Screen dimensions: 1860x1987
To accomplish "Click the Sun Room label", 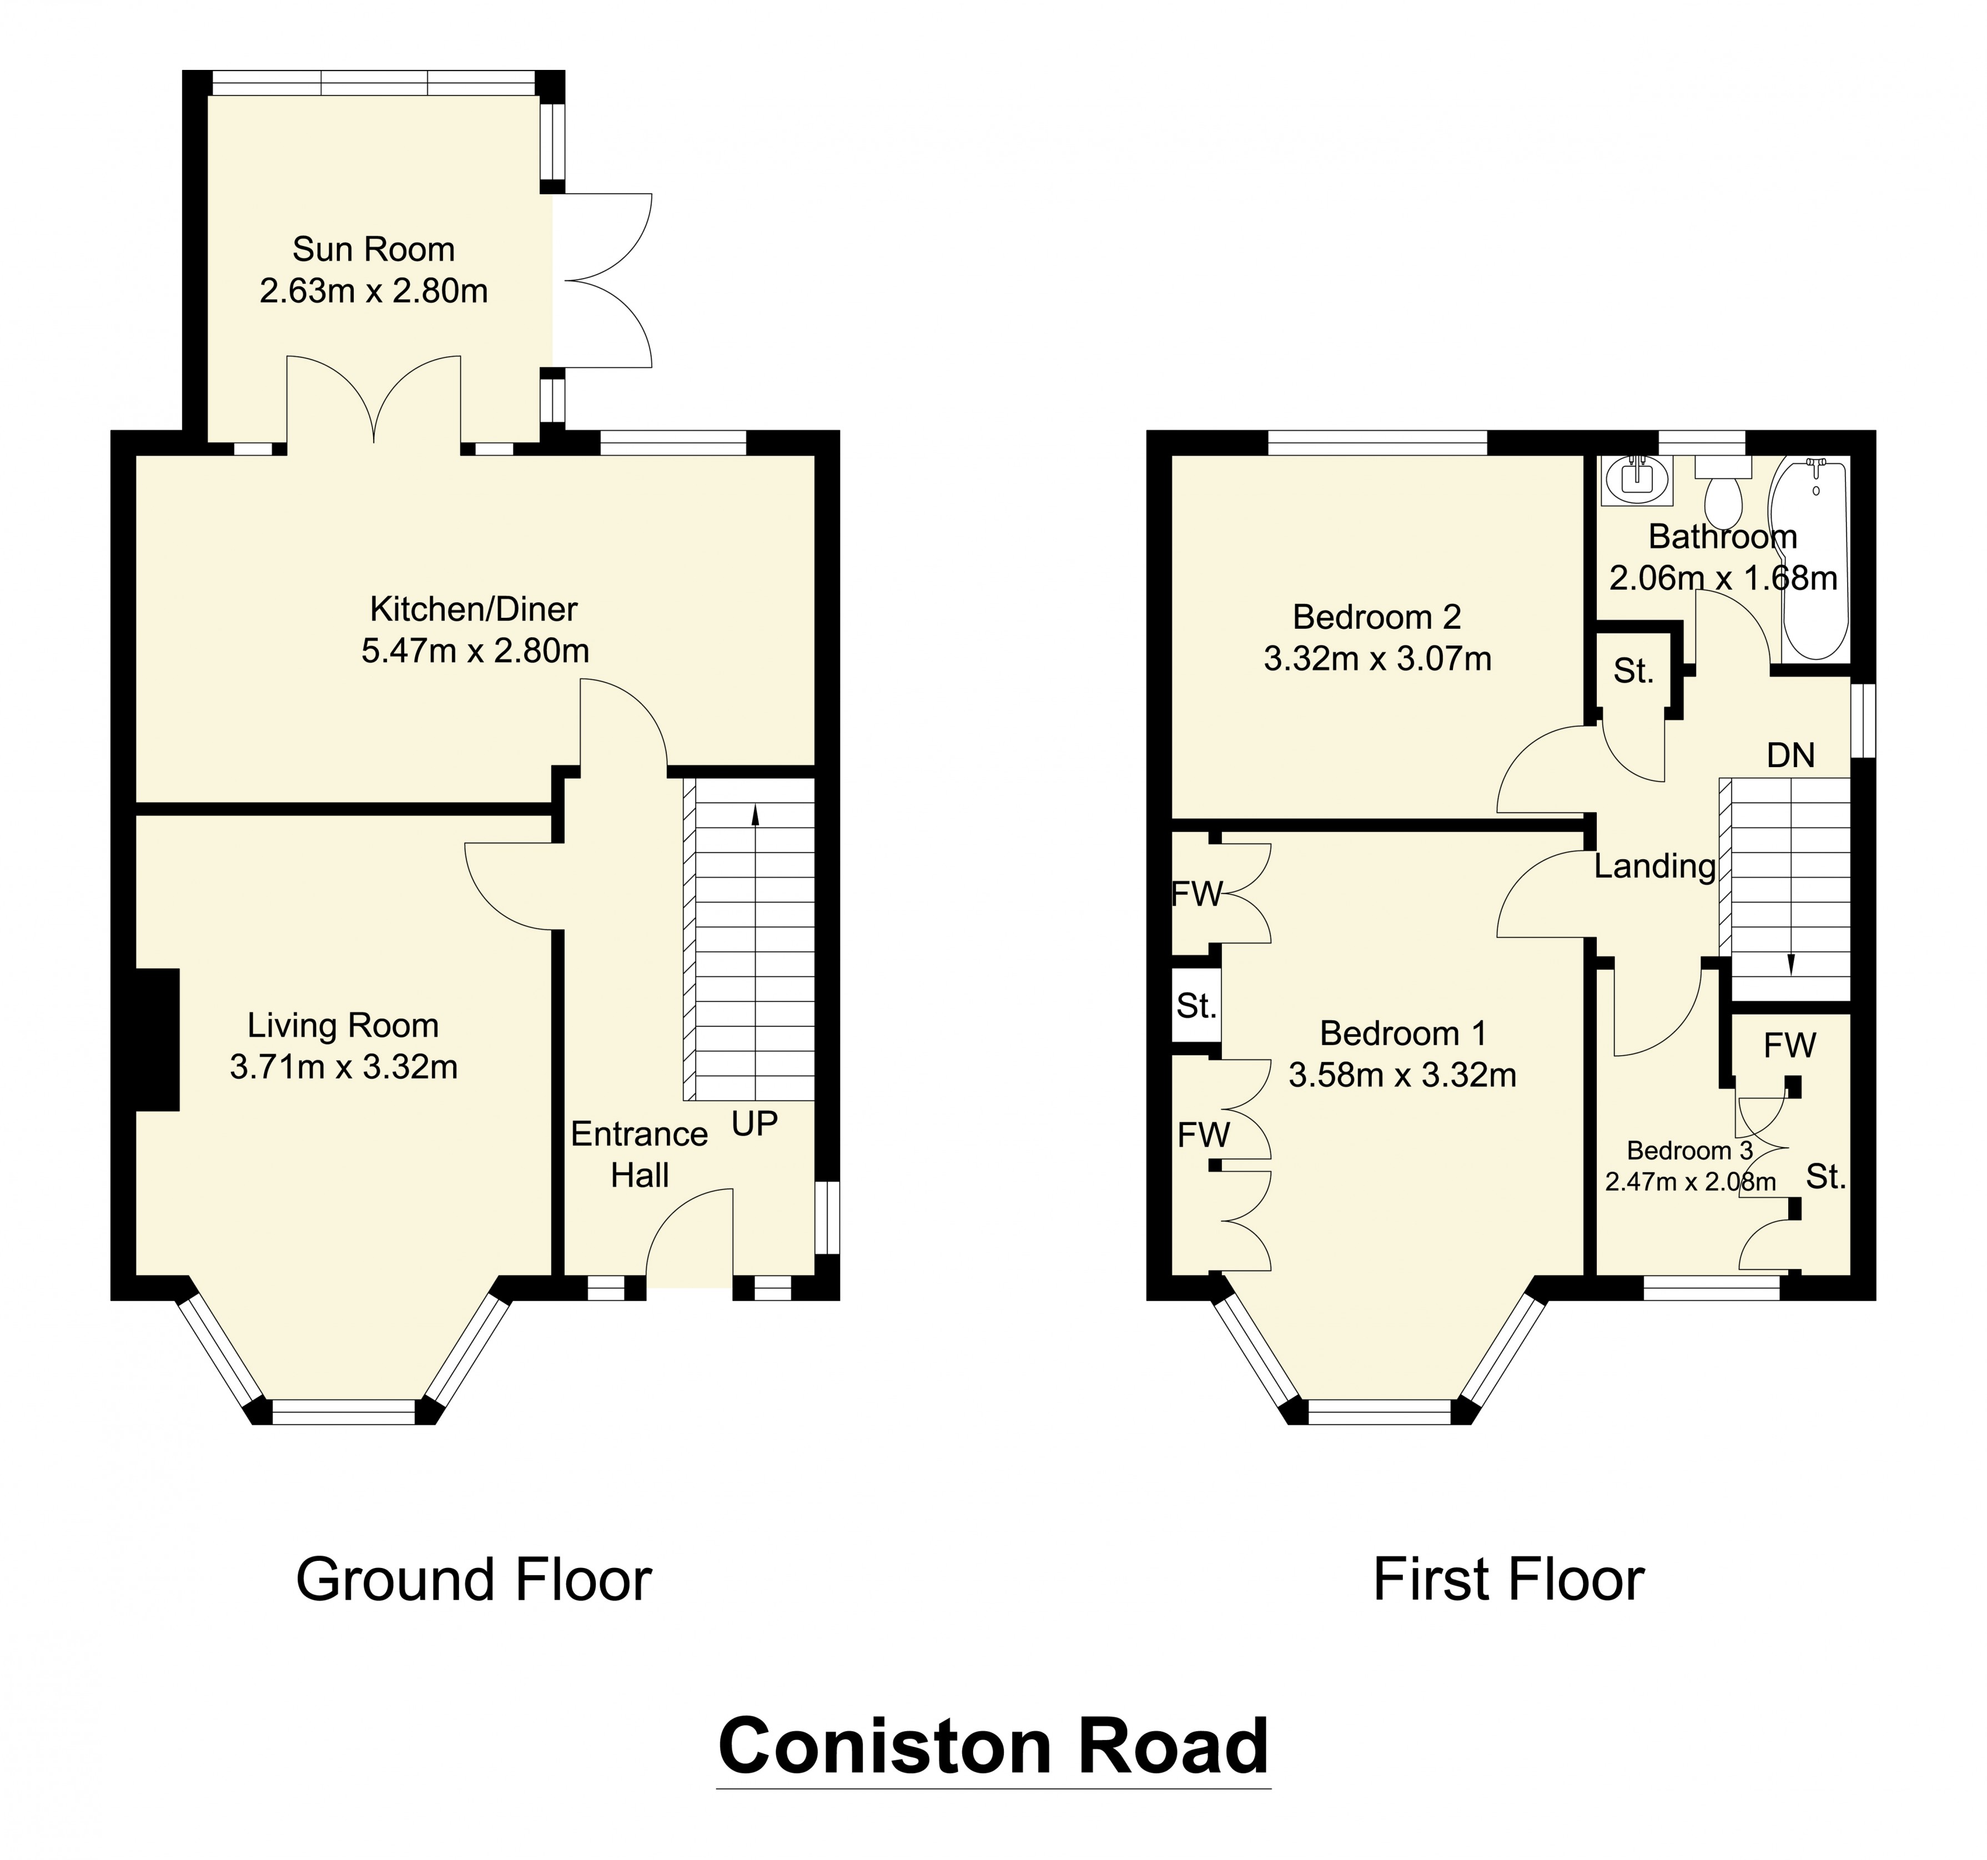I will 373,249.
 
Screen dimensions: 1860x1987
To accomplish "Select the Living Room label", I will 343,1025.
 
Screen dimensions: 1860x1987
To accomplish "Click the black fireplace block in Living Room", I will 157,1040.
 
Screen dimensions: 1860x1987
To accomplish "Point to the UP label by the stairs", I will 753,1125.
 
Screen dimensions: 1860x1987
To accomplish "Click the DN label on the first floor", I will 1790,755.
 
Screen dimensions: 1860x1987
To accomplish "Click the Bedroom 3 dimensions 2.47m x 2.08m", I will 1690,1182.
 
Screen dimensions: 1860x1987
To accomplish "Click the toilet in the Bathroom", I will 1723,495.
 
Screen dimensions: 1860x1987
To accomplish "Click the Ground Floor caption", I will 473,1580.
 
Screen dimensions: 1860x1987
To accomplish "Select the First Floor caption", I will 1507,1580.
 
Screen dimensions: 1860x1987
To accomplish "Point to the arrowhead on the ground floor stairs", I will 754,815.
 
